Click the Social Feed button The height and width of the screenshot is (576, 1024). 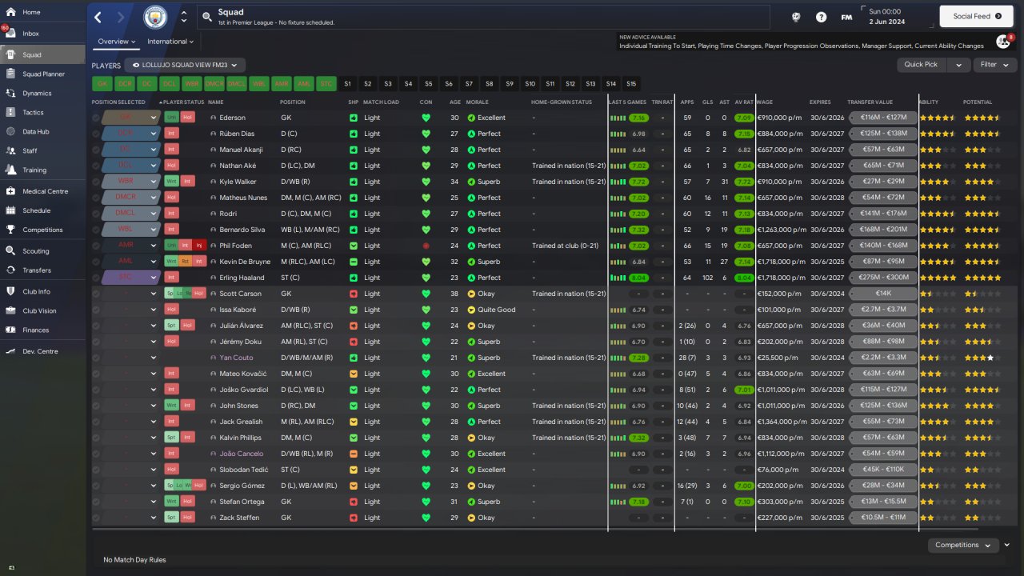pos(977,16)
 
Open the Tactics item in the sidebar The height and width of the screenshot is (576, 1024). pos(33,112)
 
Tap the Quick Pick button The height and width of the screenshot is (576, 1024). pos(921,65)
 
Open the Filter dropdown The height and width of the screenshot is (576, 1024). pos(994,65)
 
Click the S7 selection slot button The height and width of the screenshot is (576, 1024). pos(469,83)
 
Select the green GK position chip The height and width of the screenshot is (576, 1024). pos(102,83)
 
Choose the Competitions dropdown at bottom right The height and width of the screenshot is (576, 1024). pos(962,545)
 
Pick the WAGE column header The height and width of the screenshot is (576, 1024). pos(765,102)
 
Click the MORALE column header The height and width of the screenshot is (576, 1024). pos(478,102)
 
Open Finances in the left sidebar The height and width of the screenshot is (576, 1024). pos(35,330)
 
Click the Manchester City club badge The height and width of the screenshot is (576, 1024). pos(155,17)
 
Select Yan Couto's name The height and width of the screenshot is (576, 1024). pos(236,358)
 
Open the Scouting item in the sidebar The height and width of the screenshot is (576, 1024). pos(35,250)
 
